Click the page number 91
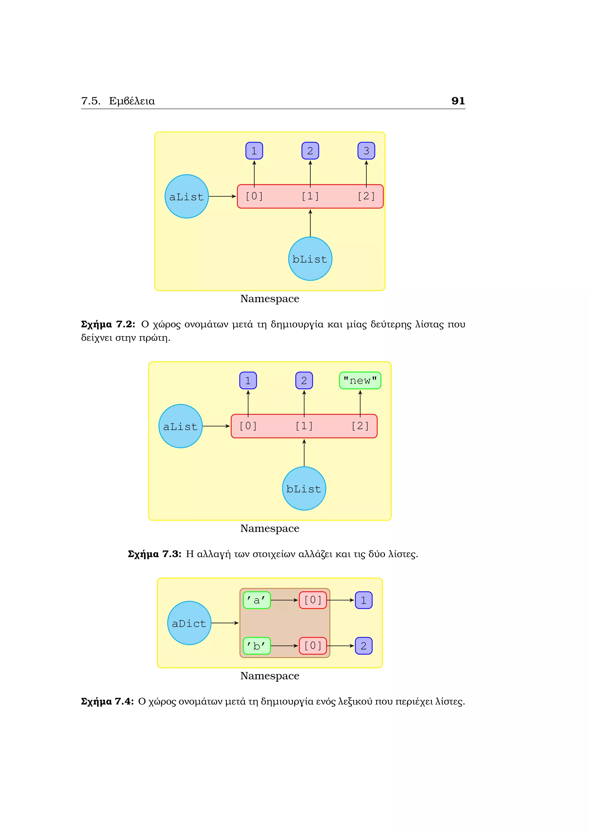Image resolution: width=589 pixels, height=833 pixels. pyautogui.click(x=458, y=101)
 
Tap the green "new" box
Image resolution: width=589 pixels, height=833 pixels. pyautogui.click(x=360, y=381)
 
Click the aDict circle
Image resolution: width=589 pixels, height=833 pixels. pyautogui.click(x=189, y=623)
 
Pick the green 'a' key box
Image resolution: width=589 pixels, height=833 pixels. pyautogui.click(x=257, y=600)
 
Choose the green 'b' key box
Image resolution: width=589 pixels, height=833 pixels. pyautogui.click(x=257, y=646)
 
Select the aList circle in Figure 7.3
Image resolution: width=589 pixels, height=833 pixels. pyautogui.click(x=180, y=426)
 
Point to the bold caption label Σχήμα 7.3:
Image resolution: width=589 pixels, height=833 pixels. pyautogui.click(x=154, y=554)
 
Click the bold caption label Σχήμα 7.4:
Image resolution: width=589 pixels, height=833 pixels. pyautogui.click(x=107, y=701)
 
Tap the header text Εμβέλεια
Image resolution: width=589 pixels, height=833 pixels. pyautogui.click(x=132, y=101)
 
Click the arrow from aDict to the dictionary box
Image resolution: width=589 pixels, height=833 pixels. pyautogui.click(x=225, y=623)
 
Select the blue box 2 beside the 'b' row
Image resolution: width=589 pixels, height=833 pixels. pyautogui.click(x=364, y=646)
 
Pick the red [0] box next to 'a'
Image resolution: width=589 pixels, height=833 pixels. pyautogui.click(x=313, y=600)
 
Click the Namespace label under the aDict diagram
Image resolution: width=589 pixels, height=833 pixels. pyautogui.click(x=269, y=676)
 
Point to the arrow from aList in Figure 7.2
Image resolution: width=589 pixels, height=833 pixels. pyautogui.click(x=222, y=196)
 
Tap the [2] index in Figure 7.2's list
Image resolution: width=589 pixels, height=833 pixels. pyautogui.click(x=366, y=196)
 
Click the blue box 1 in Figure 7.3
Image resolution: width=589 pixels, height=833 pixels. pyautogui.click(x=248, y=381)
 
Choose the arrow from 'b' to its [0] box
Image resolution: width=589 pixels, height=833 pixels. pyautogui.click(x=284, y=646)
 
